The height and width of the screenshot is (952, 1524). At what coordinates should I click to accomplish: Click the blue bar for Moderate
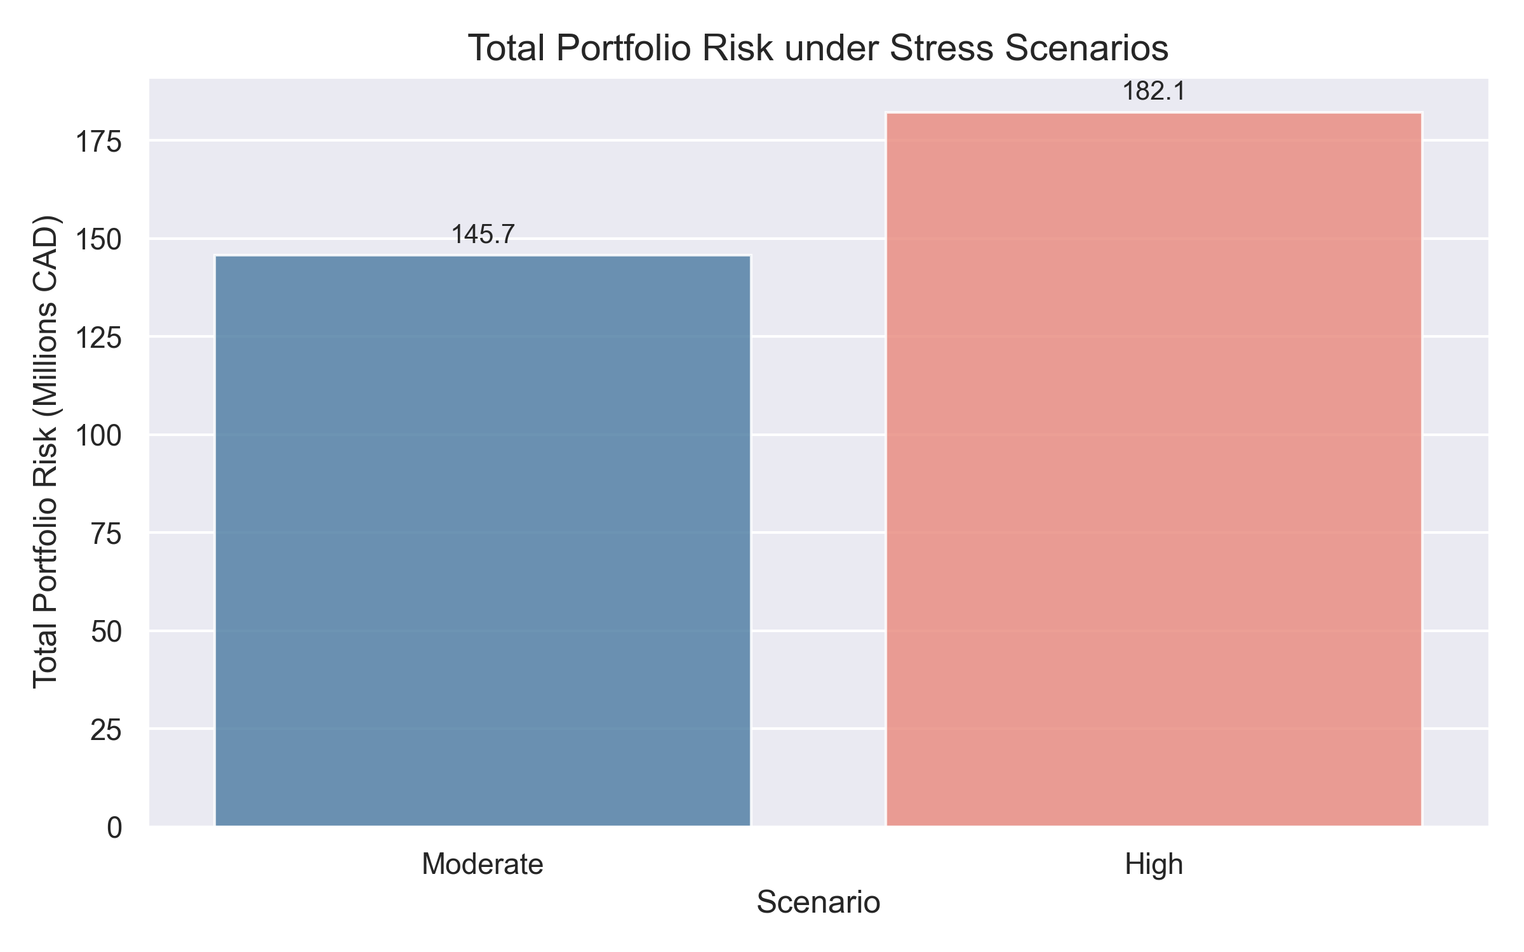coord(483,541)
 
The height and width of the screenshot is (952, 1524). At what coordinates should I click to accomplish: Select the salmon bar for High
coord(1154,470)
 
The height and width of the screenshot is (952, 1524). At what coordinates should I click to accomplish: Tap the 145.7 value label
coord(483,235)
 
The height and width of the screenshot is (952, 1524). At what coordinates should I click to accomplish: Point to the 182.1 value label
coord(1154,92)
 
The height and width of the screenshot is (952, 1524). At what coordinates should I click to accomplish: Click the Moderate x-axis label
coord(483,864)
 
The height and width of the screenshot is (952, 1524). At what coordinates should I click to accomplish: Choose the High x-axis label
coord(1154,864)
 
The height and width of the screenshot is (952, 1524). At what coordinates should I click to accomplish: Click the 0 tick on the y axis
coord(114,828)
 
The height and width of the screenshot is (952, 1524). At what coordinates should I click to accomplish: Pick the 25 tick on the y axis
coord(106,730)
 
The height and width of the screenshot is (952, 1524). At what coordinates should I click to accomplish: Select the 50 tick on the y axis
coord(106,631)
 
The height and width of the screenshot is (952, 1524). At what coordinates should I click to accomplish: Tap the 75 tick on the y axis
coord(106,534)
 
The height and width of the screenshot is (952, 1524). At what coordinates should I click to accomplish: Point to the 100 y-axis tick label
coord(98,436)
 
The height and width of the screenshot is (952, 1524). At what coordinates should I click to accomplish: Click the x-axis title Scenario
coord(819,902)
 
